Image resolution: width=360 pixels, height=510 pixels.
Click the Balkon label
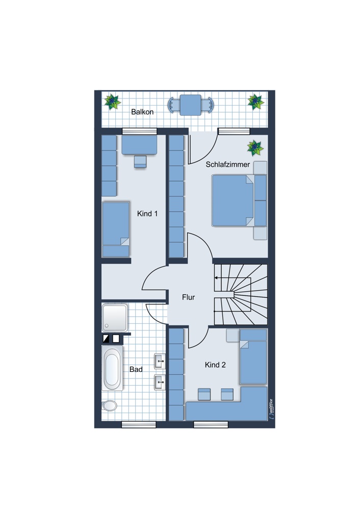[142, 112]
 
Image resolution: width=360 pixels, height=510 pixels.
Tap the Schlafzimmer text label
[227, 165]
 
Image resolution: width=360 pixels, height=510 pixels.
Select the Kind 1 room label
[147, 214]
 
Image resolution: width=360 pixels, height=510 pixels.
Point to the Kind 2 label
[215, 365]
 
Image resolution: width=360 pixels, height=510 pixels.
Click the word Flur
[188, 297]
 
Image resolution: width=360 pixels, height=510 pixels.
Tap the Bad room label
[136, 369]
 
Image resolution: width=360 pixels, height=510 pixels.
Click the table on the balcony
[191, 105]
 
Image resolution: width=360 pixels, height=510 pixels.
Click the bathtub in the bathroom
[112, 368]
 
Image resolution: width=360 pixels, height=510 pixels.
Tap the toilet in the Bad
[110, 405]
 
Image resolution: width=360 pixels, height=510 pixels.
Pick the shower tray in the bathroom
[114, 318]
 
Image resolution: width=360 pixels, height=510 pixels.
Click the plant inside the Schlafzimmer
[255, 148]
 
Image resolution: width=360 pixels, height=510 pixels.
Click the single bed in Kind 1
[116, 229]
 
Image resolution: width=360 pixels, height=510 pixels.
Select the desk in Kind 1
[140, 145]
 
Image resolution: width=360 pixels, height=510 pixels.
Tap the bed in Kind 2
[253, 356]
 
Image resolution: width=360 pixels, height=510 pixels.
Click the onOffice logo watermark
[272, 410]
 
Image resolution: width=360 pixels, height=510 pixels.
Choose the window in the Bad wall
[139, 424]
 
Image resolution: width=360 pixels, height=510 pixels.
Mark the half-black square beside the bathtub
[106, 339]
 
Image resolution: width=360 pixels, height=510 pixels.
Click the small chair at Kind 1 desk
[140, 162]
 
